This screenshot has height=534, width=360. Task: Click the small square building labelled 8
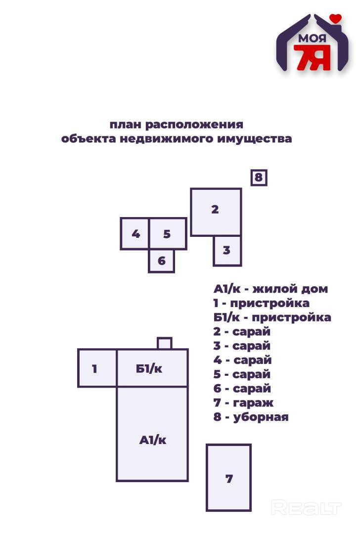coord(259,177)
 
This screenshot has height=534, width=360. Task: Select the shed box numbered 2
coord(216,212)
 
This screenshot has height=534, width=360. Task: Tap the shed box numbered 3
coord(227,251)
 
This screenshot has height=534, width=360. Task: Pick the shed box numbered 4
coord(135,233)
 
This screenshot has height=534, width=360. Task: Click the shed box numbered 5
coord(168,233)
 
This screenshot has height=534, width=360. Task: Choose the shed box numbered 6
coord(161,261)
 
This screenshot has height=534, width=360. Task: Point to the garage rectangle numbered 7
coord(228,478)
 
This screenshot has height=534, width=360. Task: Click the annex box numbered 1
coord(97,368)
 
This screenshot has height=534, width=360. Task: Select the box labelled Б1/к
coord(152,368)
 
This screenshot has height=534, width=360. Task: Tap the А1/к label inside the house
coord(152,440)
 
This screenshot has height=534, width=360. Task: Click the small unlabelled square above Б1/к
coord(164,343)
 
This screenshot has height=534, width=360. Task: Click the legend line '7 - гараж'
coord(243,402)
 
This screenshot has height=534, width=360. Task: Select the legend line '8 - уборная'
coord(251,417)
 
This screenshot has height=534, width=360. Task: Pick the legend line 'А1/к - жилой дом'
coord(270,289)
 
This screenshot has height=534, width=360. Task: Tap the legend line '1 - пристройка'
coord(261,303)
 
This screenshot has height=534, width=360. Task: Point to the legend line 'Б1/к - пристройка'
coord(272,317)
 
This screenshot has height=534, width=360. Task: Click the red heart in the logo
coord(336,18)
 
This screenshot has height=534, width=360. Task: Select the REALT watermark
coord(306,508)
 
